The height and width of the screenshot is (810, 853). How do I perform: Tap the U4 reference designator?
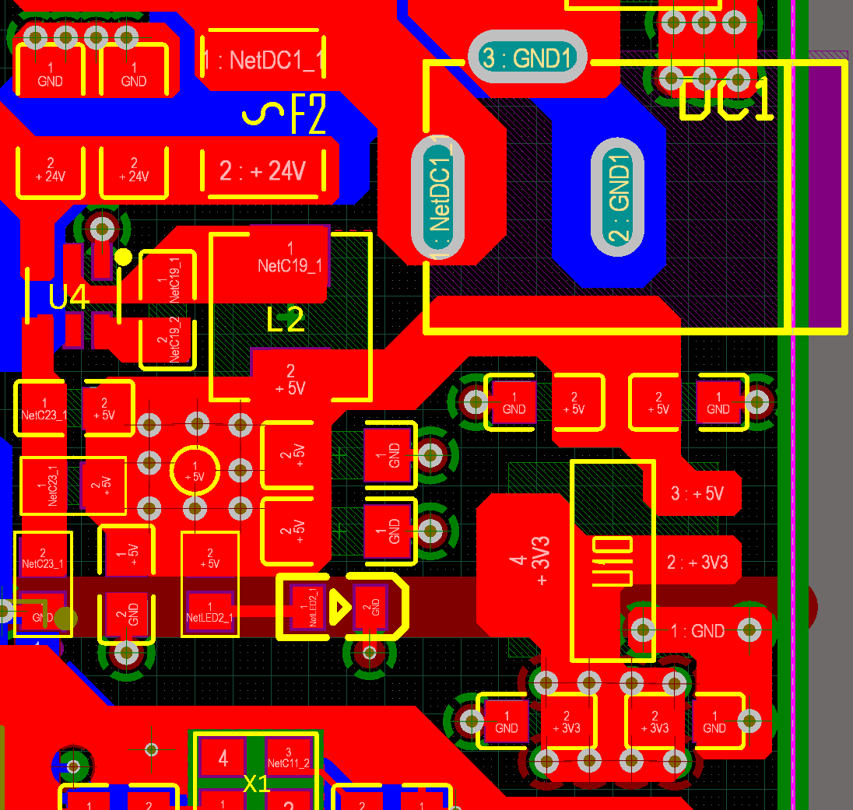pos(69,296)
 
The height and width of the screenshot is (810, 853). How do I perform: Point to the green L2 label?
pos(286,319)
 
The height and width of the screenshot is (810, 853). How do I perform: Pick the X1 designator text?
pos(256,784)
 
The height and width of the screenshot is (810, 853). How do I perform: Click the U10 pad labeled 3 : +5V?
pos(697,493)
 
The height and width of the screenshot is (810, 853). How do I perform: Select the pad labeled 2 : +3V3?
pos(697,562)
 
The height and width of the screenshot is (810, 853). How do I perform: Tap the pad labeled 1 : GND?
pos(697,631)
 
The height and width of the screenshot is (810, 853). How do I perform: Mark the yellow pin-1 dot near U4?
pos(123,257)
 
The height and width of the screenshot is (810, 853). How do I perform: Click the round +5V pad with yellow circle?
pos(195,470)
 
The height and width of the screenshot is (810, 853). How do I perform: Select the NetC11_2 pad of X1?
pos(289,757)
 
